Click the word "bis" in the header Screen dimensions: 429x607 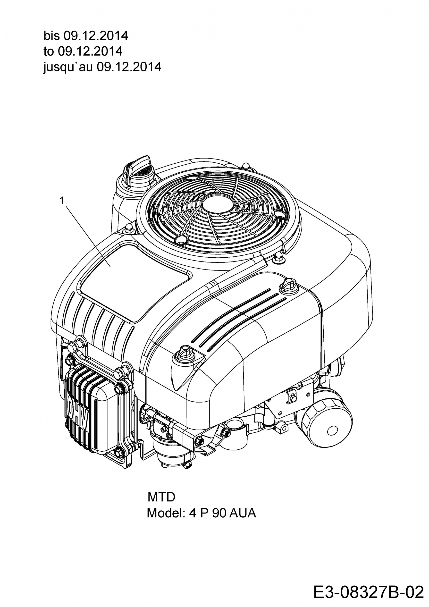[x=52, y=36]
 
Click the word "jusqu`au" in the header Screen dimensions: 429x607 [x=68, y=67]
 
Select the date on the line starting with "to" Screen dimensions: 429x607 [x=90, y=51]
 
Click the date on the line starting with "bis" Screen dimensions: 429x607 [x=96, y=36]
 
